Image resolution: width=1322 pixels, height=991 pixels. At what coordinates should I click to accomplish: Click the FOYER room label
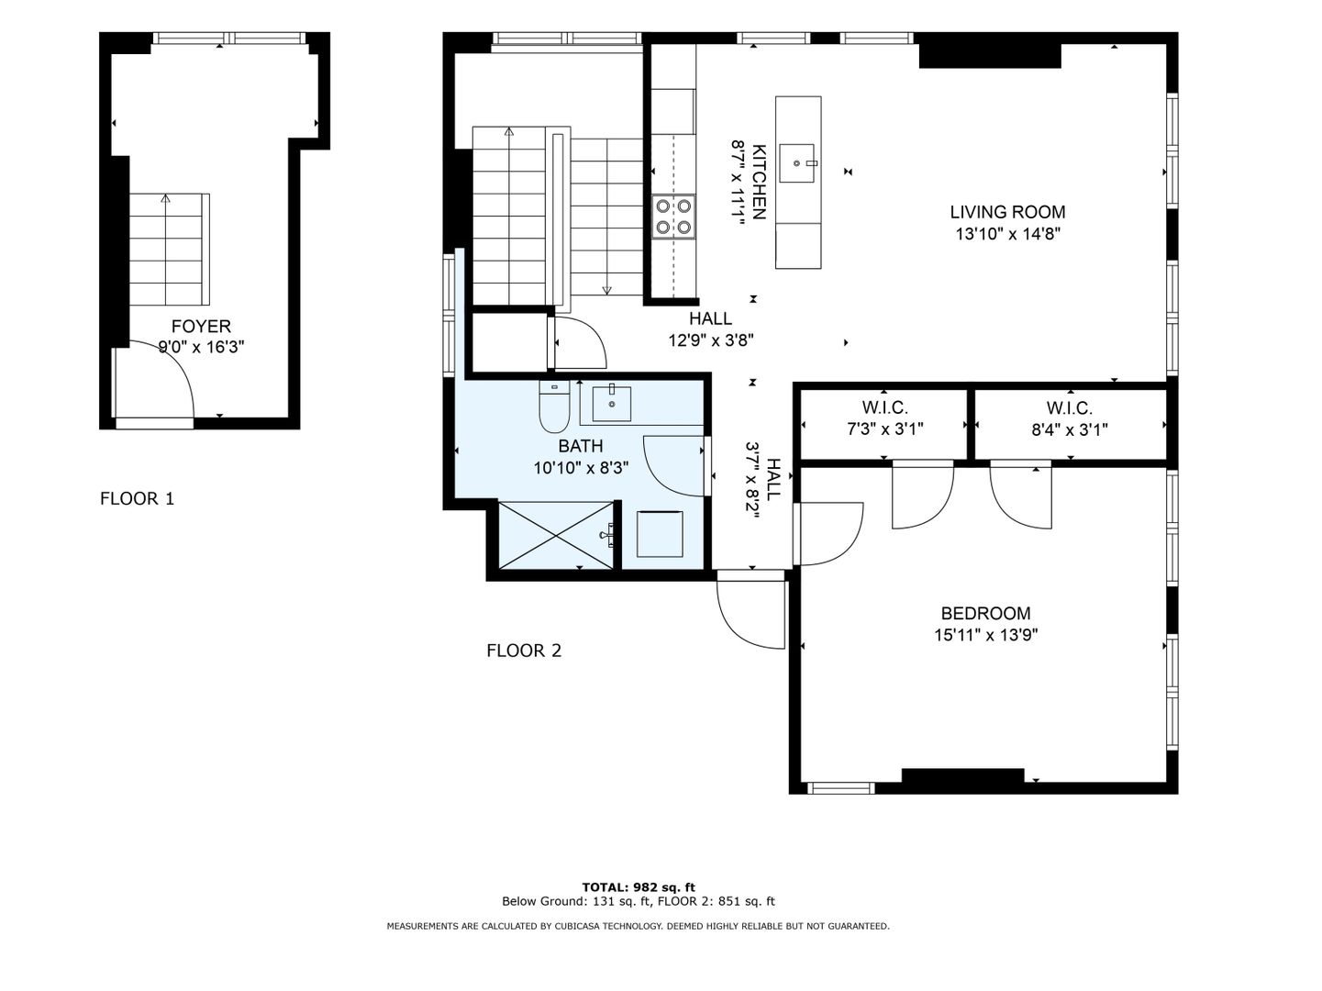pos(201,327)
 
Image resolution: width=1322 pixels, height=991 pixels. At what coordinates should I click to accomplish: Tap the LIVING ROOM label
pos(1007,212)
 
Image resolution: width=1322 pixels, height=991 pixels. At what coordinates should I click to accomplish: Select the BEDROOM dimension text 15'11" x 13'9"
pos(986,635)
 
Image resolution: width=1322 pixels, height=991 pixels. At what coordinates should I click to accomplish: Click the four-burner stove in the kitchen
pos(673,217)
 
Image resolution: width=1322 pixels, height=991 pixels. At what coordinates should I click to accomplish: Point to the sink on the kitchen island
pos(797,162)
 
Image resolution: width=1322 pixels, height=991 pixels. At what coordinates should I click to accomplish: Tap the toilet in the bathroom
pos(554,406)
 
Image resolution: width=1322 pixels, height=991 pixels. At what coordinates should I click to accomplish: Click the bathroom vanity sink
pos(612,404)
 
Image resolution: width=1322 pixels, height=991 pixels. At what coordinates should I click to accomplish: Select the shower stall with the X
pos(557,535)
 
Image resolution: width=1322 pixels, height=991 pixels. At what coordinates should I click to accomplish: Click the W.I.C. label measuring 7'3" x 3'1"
pos(884,407)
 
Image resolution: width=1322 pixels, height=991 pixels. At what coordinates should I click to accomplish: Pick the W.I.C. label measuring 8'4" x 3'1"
pos(1070,408)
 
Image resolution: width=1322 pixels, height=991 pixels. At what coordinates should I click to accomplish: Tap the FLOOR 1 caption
pos(138,499)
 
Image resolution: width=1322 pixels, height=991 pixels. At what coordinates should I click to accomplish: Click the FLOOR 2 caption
pos(524,651)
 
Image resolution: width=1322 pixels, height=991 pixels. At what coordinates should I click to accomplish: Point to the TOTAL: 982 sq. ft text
pos(639,887)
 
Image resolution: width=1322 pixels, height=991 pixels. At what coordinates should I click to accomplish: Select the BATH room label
pos(581,446)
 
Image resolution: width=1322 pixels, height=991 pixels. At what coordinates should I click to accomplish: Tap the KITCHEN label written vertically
pos(759,182)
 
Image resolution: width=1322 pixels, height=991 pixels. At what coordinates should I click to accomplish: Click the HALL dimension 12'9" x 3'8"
pos(711,340)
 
